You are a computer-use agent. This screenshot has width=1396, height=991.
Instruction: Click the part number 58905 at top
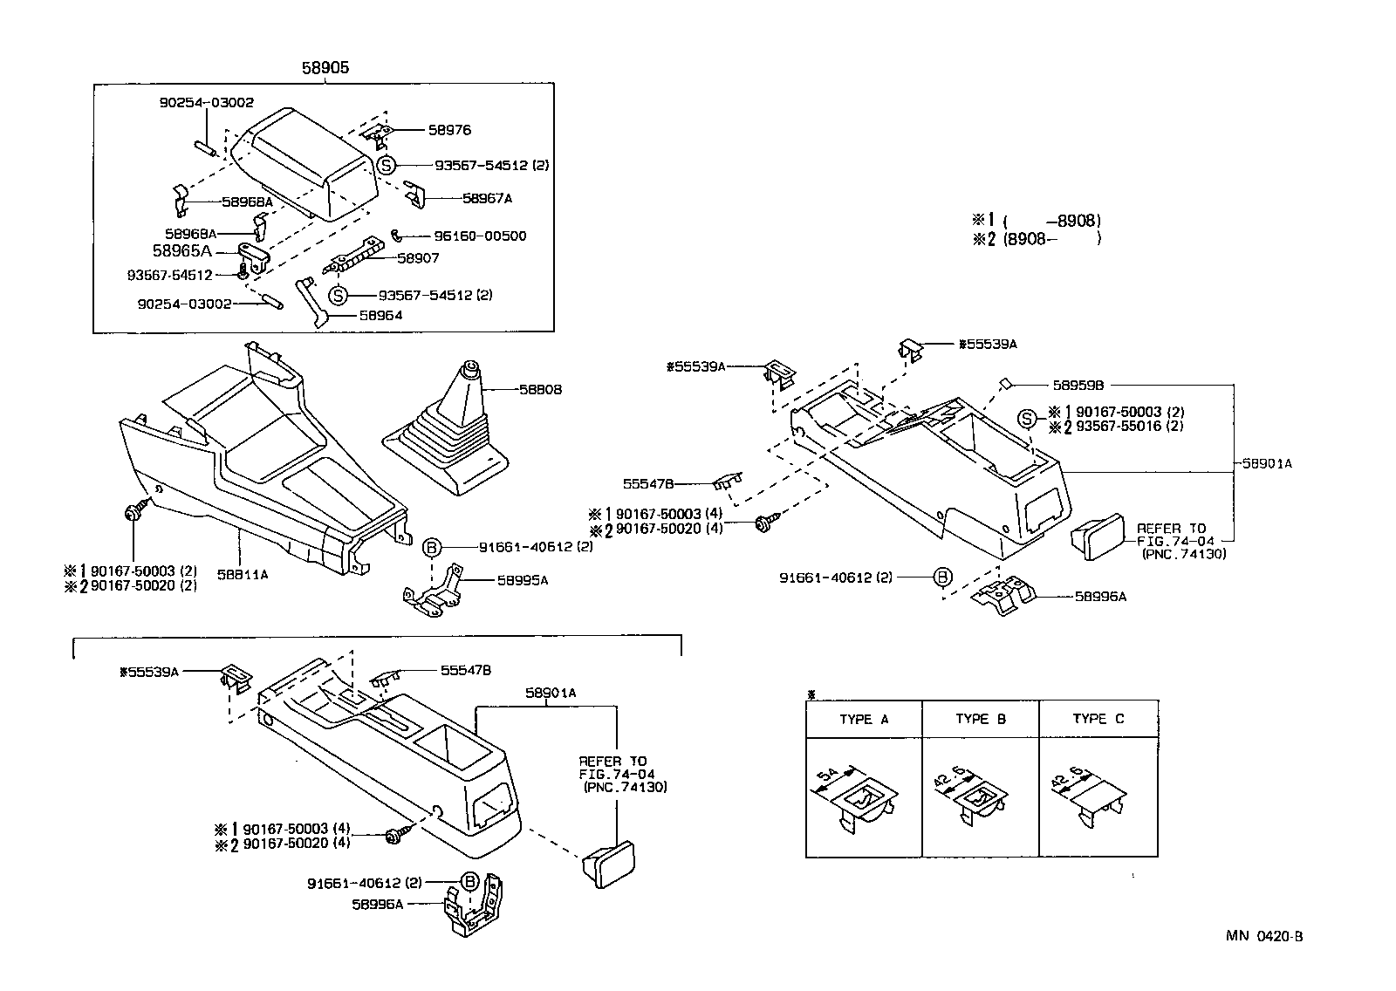coord(325,67)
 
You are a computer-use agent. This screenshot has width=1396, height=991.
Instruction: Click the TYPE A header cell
coord(864,720)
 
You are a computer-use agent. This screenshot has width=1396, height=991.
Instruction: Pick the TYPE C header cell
coord(1098,720)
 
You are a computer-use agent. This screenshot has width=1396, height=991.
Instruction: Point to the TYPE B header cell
coord(981,720)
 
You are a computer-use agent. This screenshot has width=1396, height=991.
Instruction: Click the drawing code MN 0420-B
coord(1264,937)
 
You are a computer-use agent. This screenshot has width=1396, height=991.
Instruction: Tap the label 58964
coord(380,316)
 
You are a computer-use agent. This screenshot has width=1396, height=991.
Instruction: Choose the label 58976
coord(449,130)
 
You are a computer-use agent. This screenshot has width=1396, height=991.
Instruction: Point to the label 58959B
coord(1078,385)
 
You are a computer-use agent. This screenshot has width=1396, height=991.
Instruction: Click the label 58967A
coord(487,199)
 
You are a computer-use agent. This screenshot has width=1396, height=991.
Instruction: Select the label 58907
coord(418,258)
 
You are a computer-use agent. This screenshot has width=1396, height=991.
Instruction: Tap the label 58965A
coord(182,251)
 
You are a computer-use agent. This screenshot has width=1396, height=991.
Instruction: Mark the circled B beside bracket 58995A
coord(431,547)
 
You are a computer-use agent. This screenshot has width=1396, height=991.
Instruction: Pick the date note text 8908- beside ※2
coord(1027,238)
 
